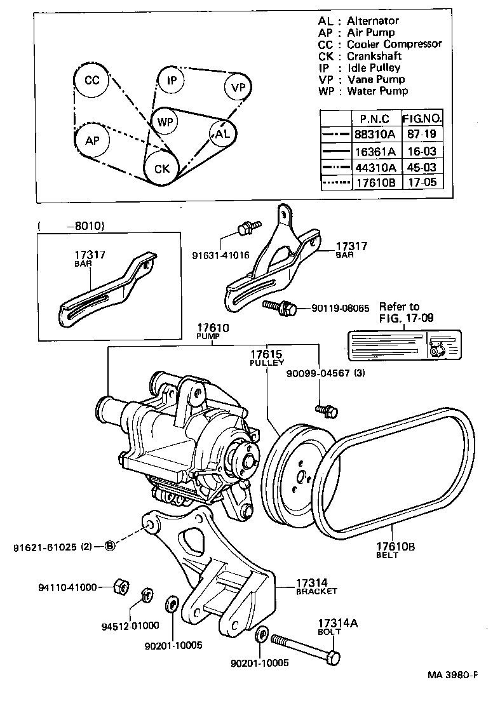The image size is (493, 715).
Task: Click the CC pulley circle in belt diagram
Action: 92,81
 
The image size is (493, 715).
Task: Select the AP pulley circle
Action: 92,140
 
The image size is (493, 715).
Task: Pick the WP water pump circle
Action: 165,121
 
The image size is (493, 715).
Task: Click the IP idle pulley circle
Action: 172,81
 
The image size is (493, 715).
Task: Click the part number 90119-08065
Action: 340,309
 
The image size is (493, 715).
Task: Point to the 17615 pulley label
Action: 266,354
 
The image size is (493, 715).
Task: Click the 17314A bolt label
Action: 337,624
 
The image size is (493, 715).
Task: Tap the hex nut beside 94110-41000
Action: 118,586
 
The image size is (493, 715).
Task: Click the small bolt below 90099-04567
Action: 327,411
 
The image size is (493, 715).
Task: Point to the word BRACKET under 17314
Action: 316,591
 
